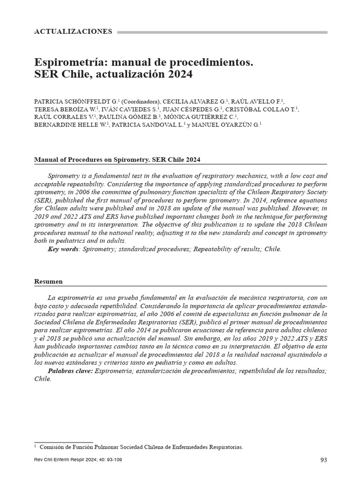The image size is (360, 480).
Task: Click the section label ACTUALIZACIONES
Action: click(x=74, y=32)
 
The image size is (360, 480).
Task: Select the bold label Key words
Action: click(x=63, y=249)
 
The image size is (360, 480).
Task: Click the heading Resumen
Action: click(x=49, y=282)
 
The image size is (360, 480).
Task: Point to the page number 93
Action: click(x=323, y=460)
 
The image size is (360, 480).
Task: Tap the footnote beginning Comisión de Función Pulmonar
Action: click(x=141, y=447)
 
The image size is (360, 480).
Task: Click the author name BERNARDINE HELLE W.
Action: click(x=71, y=124)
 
